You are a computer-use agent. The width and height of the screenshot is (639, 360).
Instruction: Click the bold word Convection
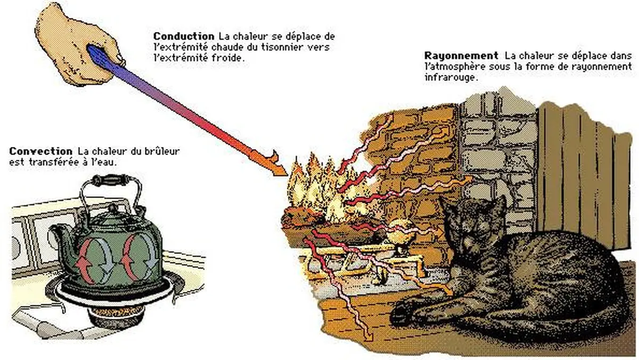point(41,151)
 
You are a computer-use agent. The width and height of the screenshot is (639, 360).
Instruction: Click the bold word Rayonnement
point(461,55)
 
